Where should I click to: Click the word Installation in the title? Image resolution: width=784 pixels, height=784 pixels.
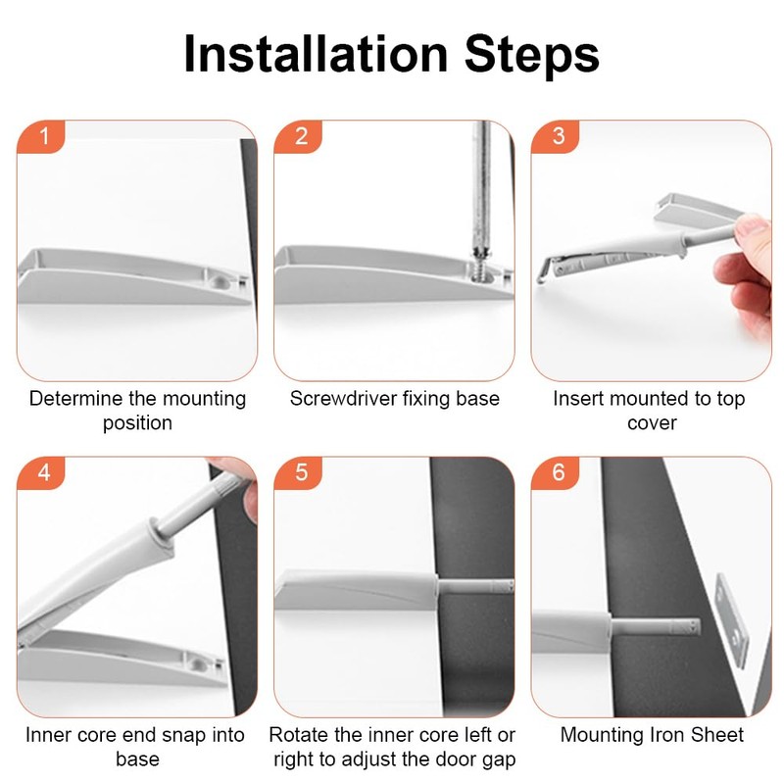(316, 54)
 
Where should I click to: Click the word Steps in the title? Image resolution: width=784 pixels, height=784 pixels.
(532, 55)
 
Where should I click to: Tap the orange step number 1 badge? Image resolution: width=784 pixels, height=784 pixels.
(41, 136)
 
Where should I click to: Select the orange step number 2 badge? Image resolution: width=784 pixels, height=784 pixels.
(298, 136)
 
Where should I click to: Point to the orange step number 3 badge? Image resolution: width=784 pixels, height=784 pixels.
(555, 136)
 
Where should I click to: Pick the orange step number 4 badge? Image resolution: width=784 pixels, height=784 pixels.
(41, 473)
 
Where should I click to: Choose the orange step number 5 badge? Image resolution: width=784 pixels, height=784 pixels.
(298, 473)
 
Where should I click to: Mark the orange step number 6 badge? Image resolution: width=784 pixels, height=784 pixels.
(555, 473)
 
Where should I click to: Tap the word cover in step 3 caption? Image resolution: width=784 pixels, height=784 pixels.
(652, 423)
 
